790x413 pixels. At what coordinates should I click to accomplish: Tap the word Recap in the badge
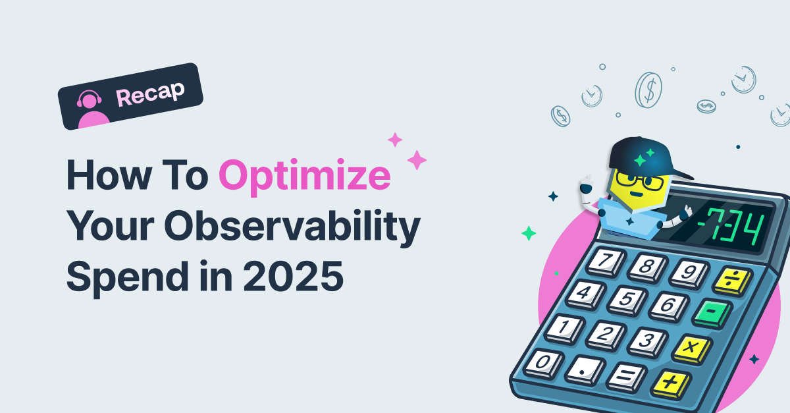149,95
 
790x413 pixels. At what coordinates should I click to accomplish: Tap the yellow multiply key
689,348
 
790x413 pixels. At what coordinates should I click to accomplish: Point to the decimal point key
582,370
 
